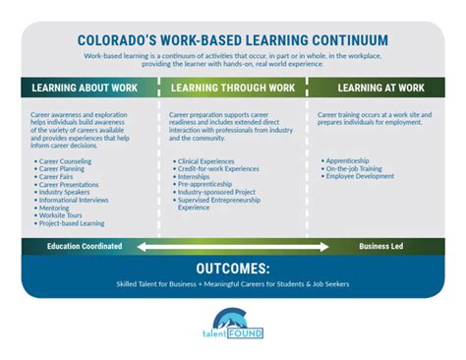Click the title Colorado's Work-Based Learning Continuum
[232, 41]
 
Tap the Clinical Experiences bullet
[208, 159]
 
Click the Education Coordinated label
[85, 245]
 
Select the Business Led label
[380, 245]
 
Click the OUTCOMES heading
[232, 268]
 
